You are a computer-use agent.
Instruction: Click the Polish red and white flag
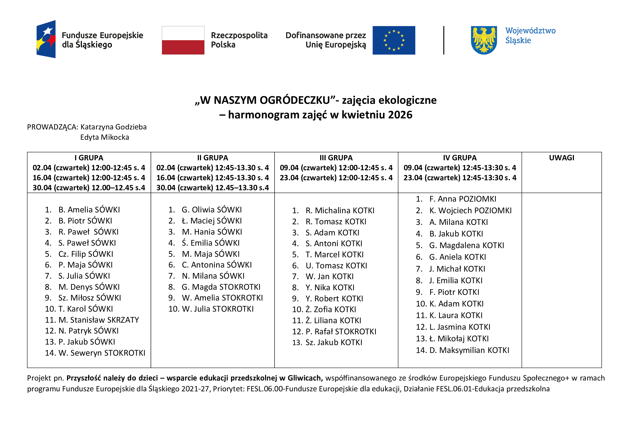click(x=183, y=40)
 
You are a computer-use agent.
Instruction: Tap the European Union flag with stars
click(x=394, y=40)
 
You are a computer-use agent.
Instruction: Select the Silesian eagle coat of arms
click(x=484, y=40)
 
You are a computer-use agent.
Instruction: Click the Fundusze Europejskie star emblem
click(x=46, y=39)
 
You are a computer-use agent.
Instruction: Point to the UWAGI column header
click(x=561, y=158)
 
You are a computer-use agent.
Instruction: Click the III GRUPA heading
click(x=336, y=158)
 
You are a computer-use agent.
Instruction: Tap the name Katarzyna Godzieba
click(x=113, y=127)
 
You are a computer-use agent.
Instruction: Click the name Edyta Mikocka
click(x=105, y=137)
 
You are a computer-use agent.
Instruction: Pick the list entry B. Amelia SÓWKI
click(x=89, y=210)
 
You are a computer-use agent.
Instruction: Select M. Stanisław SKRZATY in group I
click(x=99, y=320)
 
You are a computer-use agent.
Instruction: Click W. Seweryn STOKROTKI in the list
click(x=102, y=353)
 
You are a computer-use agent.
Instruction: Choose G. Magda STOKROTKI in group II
click(x=221, y=287)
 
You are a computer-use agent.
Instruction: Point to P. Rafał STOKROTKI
click(x=340, y=331)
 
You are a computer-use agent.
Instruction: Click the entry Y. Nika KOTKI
click(x=330, y=287)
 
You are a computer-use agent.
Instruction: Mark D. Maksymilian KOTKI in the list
click(x=469, y=350)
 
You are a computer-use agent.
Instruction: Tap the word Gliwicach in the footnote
click(x=305, y=378)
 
